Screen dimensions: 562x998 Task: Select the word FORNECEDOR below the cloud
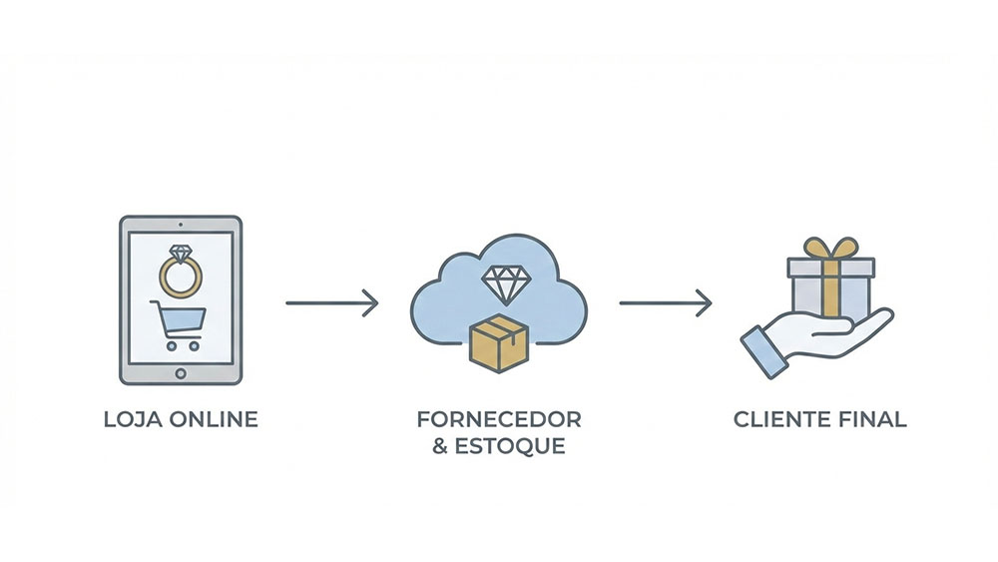tap(499, 418)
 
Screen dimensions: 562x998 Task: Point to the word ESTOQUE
tap(510, 445)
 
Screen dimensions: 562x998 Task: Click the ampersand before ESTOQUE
tap(440, 445)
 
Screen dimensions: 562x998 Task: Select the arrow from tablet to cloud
tap(332, 302)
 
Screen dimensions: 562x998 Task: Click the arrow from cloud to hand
tap(666, 302)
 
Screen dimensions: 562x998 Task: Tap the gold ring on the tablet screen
tap(181, 276)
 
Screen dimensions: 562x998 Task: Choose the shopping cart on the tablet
tap(180, 324)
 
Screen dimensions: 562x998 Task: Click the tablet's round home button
tap(181, 373)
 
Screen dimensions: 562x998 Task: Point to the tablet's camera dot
tap(181, 225)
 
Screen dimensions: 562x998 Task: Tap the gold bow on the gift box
tap(830, 247)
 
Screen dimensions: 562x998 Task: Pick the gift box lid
tap(830, 267)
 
